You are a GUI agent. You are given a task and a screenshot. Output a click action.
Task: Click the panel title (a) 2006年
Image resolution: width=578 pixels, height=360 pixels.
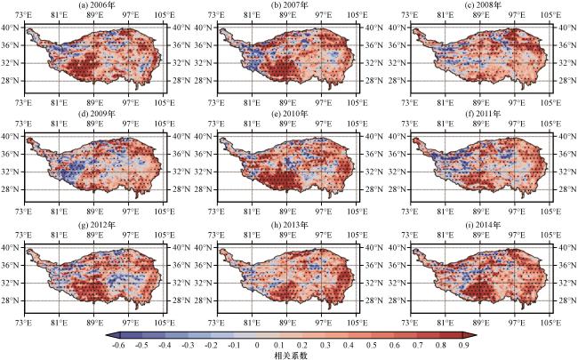tap(97, 4)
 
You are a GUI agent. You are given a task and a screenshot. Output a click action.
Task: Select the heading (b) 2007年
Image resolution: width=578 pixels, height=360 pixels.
tap(289, 4)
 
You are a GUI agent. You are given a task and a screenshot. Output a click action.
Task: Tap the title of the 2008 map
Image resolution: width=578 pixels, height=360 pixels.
tap(482, 4)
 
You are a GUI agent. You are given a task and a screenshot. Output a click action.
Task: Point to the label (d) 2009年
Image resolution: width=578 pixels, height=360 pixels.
tap(97, 114)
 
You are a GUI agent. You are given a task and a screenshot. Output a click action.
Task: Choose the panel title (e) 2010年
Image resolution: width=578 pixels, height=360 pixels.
tap(289, 114)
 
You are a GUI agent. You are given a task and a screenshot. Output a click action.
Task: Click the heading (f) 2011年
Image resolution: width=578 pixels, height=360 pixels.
tap(482, 114)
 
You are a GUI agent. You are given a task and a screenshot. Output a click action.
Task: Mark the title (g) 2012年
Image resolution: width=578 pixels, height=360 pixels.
tap(97, 225)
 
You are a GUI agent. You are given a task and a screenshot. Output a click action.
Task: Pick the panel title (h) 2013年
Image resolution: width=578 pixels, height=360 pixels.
tap(289, 225)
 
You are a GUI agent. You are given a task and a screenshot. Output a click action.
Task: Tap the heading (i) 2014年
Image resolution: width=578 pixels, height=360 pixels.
tap(482, 225)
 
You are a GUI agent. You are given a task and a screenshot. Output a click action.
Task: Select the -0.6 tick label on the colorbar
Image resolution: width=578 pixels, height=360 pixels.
tap(118, 345)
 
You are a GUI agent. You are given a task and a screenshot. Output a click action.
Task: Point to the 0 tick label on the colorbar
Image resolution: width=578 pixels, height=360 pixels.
tap(257, 345)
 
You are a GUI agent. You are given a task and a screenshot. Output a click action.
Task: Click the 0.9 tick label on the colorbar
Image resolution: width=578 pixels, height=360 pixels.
tap(463, 345)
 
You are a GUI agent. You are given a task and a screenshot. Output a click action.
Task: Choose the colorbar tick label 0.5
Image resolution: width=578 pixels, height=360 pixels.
tap(372, 345)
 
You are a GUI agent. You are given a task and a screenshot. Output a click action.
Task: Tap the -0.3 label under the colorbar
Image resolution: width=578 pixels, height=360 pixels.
tap(188, 345)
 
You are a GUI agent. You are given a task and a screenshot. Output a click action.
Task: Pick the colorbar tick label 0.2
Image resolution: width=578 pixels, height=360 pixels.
tap(303, 345)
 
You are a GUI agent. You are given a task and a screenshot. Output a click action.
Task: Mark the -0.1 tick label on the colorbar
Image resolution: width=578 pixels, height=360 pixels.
tap(234, 345)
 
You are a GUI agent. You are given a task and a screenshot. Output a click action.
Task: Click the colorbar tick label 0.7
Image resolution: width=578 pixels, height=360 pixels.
tap(418, 345)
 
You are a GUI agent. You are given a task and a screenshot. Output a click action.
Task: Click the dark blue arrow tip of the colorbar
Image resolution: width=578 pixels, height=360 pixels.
tap(106, 335)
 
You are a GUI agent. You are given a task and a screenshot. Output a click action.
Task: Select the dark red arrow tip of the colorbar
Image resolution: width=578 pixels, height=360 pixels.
tap(477, 335)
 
